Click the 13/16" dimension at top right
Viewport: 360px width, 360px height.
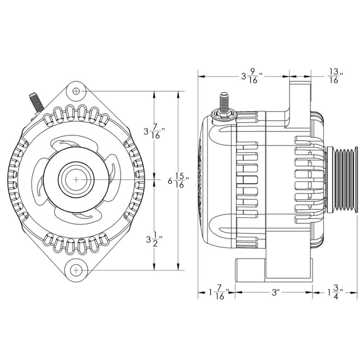tap(333, 76)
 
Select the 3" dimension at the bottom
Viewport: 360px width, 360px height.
tap(274, 293)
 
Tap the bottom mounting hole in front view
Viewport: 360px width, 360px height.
tap(77, 270)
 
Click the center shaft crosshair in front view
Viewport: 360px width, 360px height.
tap(76, 179)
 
